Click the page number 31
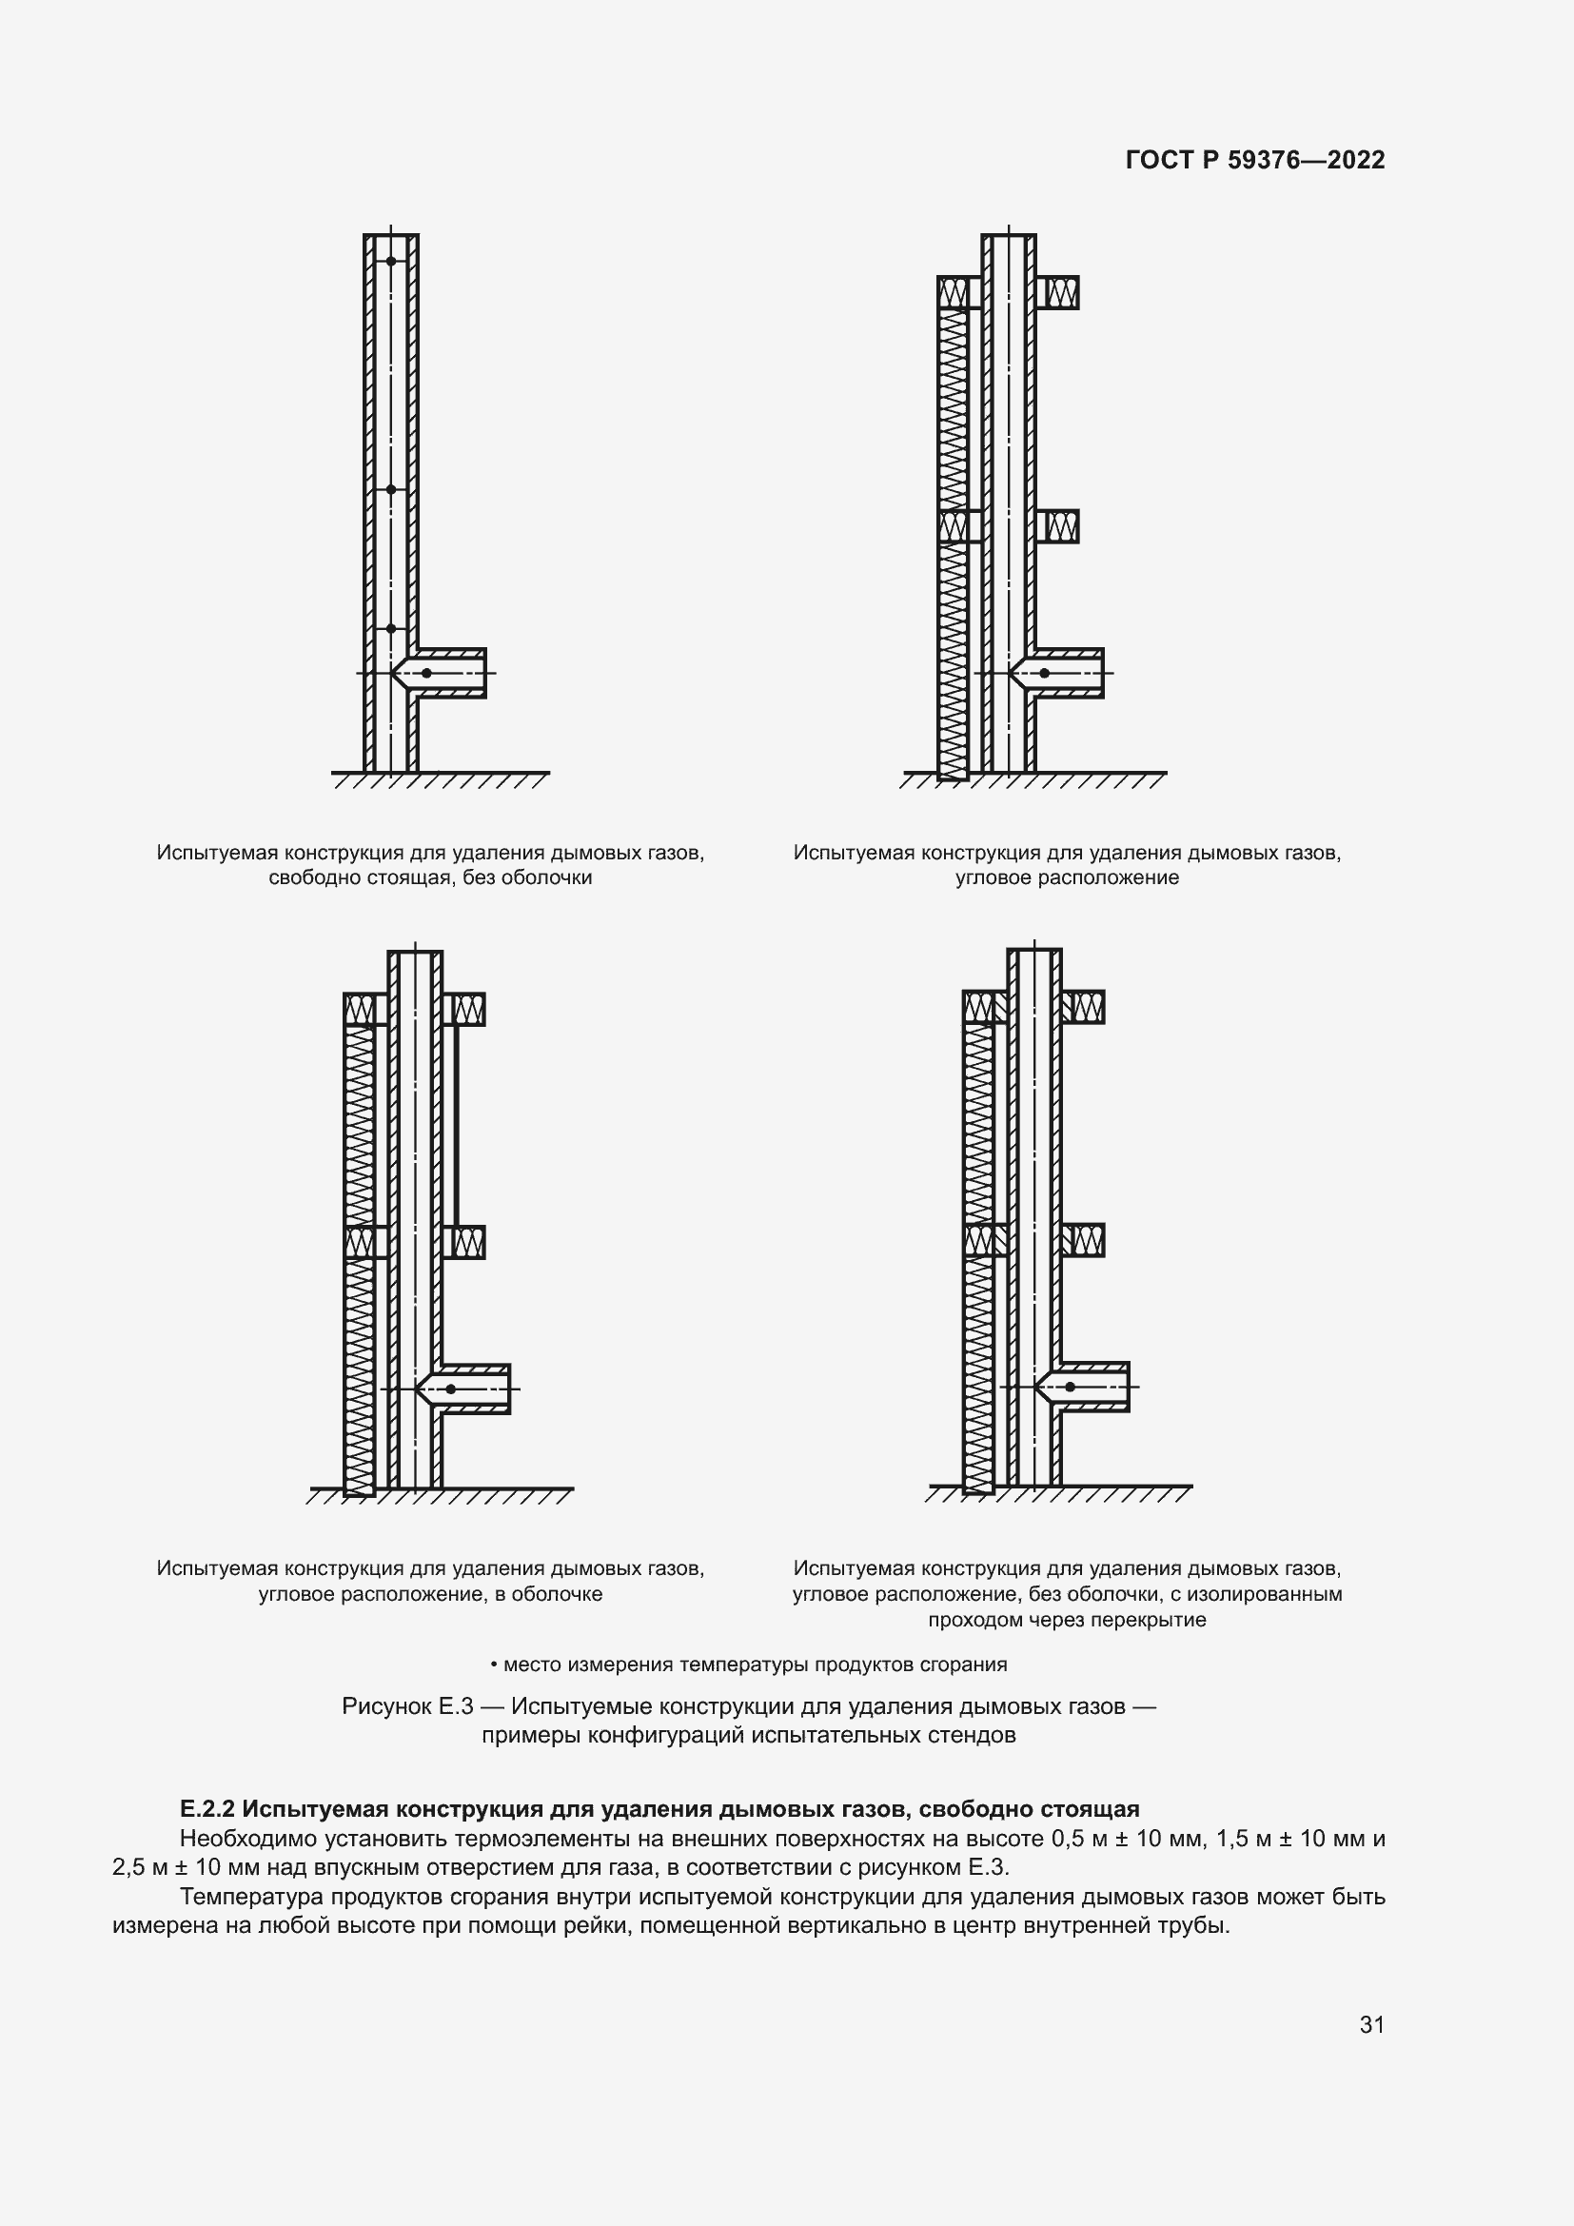[x=1371, y=2024]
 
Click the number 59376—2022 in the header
[x=1306, y=160]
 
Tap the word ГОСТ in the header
[x=1160, y=160]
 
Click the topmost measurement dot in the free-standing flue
[x=391, y=262]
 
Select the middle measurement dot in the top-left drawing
[x=391, y=489]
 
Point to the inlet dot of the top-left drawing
[x=426, y=673]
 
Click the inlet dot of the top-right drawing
[x=1044, y=673]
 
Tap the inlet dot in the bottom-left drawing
[x=451, y=1389]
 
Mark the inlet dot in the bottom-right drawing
[x=1070, y=1388]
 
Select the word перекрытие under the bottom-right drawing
[x=1157, y=1620]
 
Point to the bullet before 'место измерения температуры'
[x=494, y=1665]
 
